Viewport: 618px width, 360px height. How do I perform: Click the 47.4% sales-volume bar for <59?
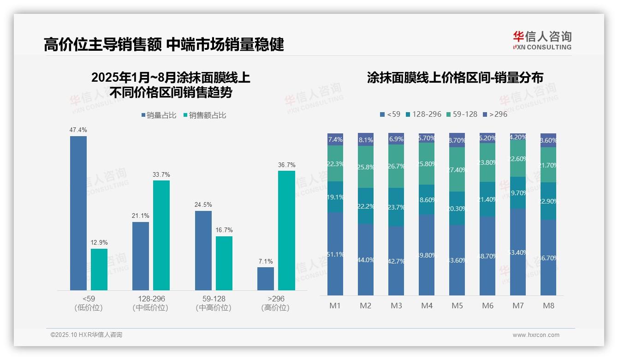(78, 213)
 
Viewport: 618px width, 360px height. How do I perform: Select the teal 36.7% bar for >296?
(286, 230)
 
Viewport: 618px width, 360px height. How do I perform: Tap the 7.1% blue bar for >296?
(265, 279)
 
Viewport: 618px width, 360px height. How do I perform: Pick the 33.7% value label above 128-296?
(161, 174)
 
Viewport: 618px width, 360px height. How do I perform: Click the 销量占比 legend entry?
(159, 115)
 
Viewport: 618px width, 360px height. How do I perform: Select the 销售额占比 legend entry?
(205, 115)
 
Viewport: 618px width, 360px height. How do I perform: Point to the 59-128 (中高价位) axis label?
(213, 303)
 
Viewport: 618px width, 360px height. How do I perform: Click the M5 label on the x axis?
(457, 306)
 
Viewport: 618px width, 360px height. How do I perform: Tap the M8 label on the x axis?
(548, 306)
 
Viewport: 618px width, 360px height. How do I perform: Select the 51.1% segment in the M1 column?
(335, 254)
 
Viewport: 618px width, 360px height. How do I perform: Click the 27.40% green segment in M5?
(457, 169)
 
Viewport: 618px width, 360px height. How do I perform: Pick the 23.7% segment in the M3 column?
(396, 207)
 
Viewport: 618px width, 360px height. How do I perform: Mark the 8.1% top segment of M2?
(366, 139)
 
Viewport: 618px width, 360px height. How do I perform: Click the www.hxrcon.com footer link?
(535, 335)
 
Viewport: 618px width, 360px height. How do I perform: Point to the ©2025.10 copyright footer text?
(86, 335)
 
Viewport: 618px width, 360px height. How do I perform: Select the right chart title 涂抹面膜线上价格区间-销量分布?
(455, 78)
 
